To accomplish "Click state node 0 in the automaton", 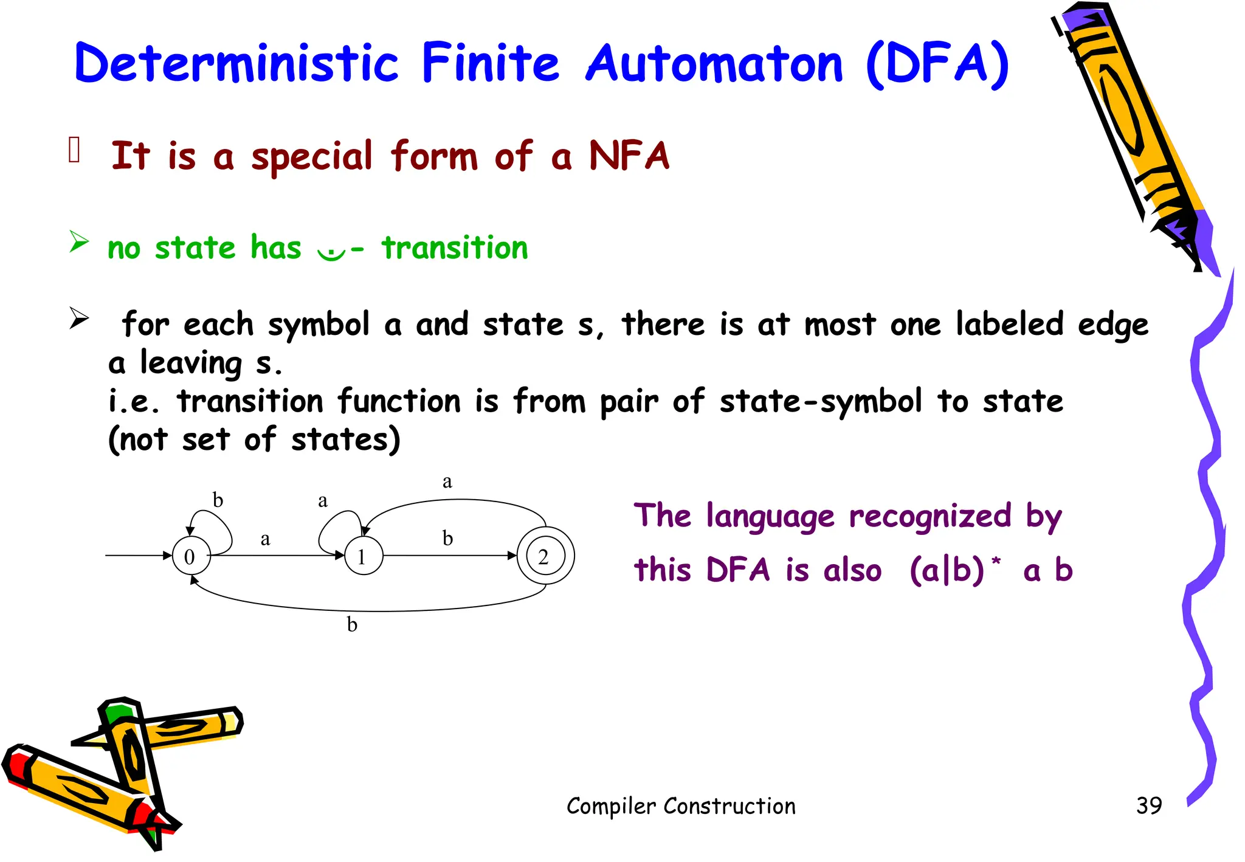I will (x=191, y=556).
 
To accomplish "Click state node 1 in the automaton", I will (x=364, y=556).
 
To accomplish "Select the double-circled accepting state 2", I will (x=545, y=556).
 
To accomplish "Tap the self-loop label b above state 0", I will (x=218, y=500).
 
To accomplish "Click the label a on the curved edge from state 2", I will (x=447, y=482).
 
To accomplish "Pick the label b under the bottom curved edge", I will (x=352, y=624).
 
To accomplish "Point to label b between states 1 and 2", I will (x=447, y=538).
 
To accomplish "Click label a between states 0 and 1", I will (x=265, y=539).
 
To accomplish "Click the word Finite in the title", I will (x=490, y=63).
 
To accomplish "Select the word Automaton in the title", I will (x=714, y=63).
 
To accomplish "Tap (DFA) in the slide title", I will (x=937, y=64).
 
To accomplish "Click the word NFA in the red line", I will (x=629, y=156).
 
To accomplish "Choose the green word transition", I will (x=455, y=248).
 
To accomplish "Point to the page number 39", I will (x=1148, y=805).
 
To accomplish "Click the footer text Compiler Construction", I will (x=681, y=806).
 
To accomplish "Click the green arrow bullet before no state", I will (x=78, y=242).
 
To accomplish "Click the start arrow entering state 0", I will (x=139, y=555).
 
